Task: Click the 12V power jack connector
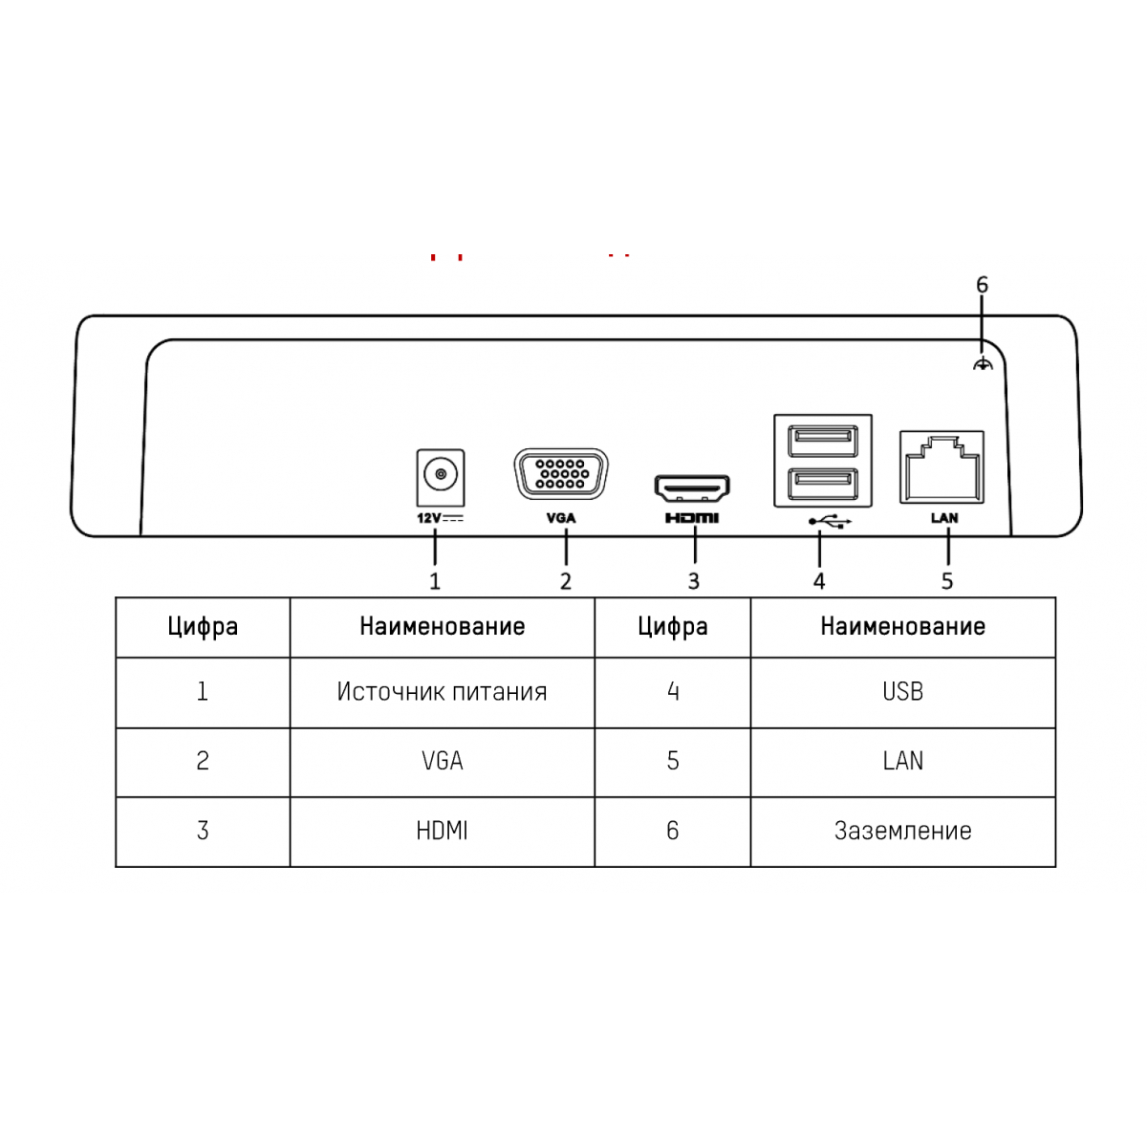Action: point(441,477)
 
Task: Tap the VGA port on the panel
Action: point(561,474)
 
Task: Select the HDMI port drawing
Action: point(692,488)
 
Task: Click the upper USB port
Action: point(823,441)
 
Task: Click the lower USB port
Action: point(823,484)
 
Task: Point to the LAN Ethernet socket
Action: point(941,467)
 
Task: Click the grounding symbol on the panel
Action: point(983,363)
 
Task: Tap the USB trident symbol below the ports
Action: point(830,522)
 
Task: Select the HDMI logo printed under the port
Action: point(692,518)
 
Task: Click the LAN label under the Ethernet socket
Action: point(944,518)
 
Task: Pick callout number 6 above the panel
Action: point(983,285)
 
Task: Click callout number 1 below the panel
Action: point(435,581)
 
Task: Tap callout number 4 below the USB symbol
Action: point(819,581)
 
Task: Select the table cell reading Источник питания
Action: point(442,692)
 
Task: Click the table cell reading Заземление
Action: point(902,831)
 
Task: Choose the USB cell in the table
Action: point(902,692)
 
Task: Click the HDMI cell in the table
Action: point(442,831)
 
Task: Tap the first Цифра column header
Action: point(203,627)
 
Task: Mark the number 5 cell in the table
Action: point(673,761)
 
